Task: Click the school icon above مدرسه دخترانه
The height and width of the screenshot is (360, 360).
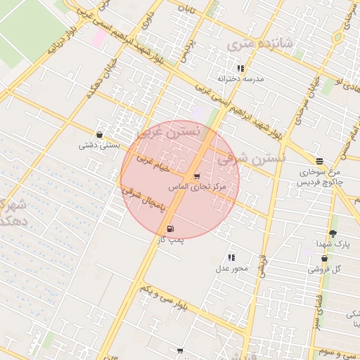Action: pos(240,69)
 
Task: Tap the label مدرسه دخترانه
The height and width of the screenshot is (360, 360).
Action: pos(240,79)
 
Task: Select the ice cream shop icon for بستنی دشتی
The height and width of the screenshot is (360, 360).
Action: pos(99,135)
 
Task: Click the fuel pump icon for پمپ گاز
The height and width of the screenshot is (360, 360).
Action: pos(171,229)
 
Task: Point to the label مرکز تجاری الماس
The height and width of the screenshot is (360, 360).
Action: pos(198,188)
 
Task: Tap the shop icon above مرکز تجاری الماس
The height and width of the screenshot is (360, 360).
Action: pos(196,176)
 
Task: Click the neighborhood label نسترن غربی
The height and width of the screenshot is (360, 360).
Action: pos(168,131)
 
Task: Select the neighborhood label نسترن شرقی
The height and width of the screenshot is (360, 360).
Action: pos(251,160)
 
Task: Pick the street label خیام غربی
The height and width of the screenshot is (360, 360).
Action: pos(154,166)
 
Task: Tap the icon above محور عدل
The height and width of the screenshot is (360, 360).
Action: pos(231,257)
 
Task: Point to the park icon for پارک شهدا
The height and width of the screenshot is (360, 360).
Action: pos(333,233)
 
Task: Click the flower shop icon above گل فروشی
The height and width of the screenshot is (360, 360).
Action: pos(324,259)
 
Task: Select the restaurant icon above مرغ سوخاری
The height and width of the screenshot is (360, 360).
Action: pos(320,161)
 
